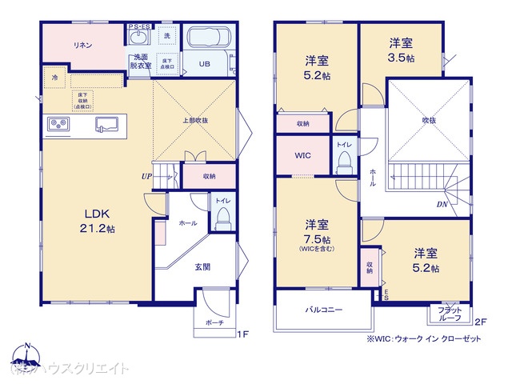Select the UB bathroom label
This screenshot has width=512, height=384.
(204, 64)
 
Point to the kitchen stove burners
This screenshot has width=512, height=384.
(58, 123)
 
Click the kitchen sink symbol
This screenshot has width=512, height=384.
(107, 123)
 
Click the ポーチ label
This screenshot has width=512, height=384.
(214, 322)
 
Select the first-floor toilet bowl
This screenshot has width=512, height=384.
(223, 214)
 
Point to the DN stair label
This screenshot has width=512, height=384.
(442, 205)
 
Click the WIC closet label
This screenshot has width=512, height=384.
(303, 155)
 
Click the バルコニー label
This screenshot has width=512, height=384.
(323, 310)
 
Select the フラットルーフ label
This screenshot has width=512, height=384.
(449, 314)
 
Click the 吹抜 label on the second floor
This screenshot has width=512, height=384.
(430, 120)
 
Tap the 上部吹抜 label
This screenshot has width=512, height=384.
(194, 120)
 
